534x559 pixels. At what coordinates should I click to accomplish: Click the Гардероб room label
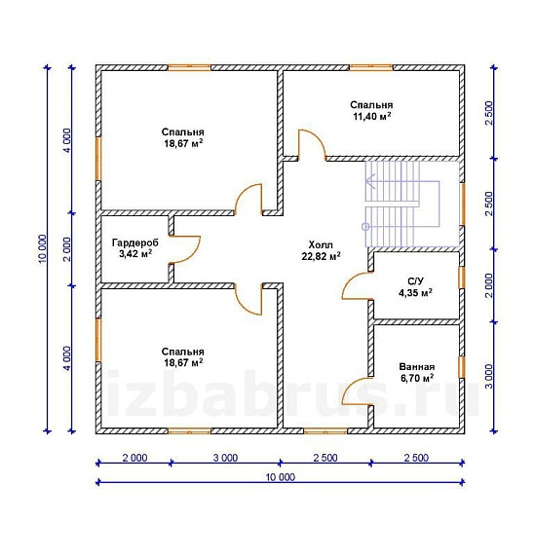tap(134, 242)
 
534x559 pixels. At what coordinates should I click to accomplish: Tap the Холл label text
tap(321, 244)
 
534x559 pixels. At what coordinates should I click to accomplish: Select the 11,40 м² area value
tap(371, 116)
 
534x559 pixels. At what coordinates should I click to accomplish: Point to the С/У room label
tap(415, 281)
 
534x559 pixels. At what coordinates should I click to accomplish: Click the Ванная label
tap(417, 367)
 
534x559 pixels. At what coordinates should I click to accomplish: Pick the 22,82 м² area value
tap(321, 256)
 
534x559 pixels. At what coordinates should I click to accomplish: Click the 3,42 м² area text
tap(135, 254)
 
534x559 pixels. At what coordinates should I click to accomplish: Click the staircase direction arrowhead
tap(369, 182)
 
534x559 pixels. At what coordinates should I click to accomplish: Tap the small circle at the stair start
tap(365, 226)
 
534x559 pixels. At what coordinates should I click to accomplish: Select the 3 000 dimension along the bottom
tap(225, 458)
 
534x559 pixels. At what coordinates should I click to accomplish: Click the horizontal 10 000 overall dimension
tap(281, 477)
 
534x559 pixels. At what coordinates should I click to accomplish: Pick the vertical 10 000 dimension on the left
tap(42, 249)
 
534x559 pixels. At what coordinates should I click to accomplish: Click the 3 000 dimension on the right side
tap(489, 376)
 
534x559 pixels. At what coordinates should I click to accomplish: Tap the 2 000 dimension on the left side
tap(67, 249)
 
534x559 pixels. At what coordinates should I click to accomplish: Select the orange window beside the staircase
tap(462, 204)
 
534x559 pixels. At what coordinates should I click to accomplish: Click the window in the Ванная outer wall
tap(462, 367)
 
